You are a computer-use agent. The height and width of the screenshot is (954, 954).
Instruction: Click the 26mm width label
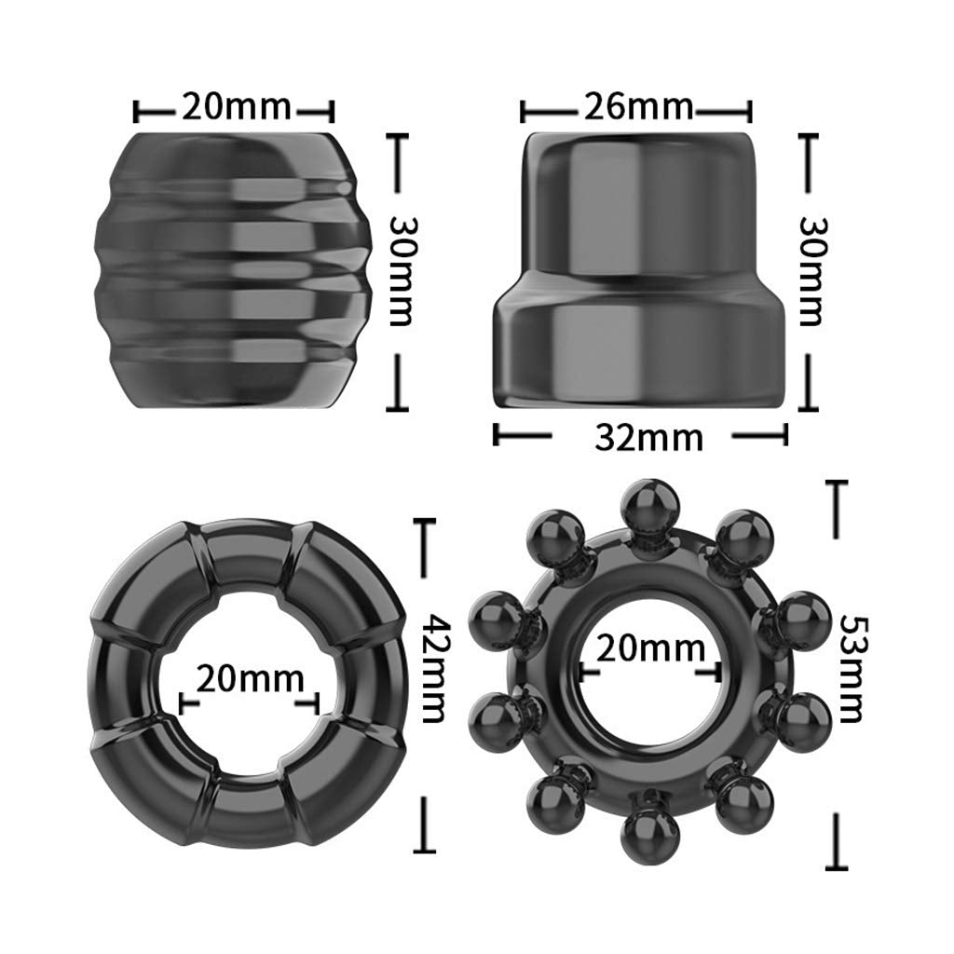[638, 108]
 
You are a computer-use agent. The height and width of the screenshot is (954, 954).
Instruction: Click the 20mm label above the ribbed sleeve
[236, 108]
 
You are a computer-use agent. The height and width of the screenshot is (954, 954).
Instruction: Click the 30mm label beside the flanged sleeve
[811, 271]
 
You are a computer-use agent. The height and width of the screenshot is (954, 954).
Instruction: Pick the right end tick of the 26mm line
[748, 112]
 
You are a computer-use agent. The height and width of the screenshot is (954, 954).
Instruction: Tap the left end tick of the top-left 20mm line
[138, 112]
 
